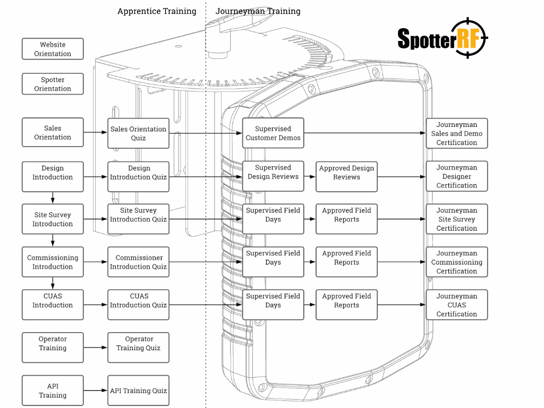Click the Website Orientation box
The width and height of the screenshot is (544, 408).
tap(53, 49)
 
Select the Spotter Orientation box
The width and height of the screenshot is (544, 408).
tap(53, 84)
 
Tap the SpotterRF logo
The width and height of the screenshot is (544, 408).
tap(442, 38)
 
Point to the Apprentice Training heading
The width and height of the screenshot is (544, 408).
tap(157, 11)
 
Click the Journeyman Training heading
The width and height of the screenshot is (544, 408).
tap(258, 11)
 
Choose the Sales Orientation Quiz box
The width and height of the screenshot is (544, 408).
tap(138, 133)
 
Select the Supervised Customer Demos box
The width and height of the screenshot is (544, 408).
tap(273, 133)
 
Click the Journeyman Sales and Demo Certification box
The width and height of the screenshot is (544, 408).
tap(457, 133)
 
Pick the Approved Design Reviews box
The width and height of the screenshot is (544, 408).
tap(346, 176)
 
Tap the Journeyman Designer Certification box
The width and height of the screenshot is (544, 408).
tap(457, 176)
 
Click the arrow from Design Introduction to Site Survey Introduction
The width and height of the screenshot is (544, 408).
tap(53, 198)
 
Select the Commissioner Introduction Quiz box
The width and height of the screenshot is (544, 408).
tap(138, 262)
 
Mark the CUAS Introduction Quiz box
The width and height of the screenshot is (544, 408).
tap(138, 305)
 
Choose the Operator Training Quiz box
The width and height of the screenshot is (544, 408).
tap(138, 347)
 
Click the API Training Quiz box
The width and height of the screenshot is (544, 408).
tap(138, 390)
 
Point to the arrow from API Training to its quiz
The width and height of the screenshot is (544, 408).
tap(96, 390)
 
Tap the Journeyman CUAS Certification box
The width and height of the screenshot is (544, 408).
tap(457, 305)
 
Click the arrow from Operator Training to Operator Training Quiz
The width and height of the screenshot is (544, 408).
tap(96, 347)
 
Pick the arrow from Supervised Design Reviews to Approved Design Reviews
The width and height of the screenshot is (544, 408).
tap(310, 176)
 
